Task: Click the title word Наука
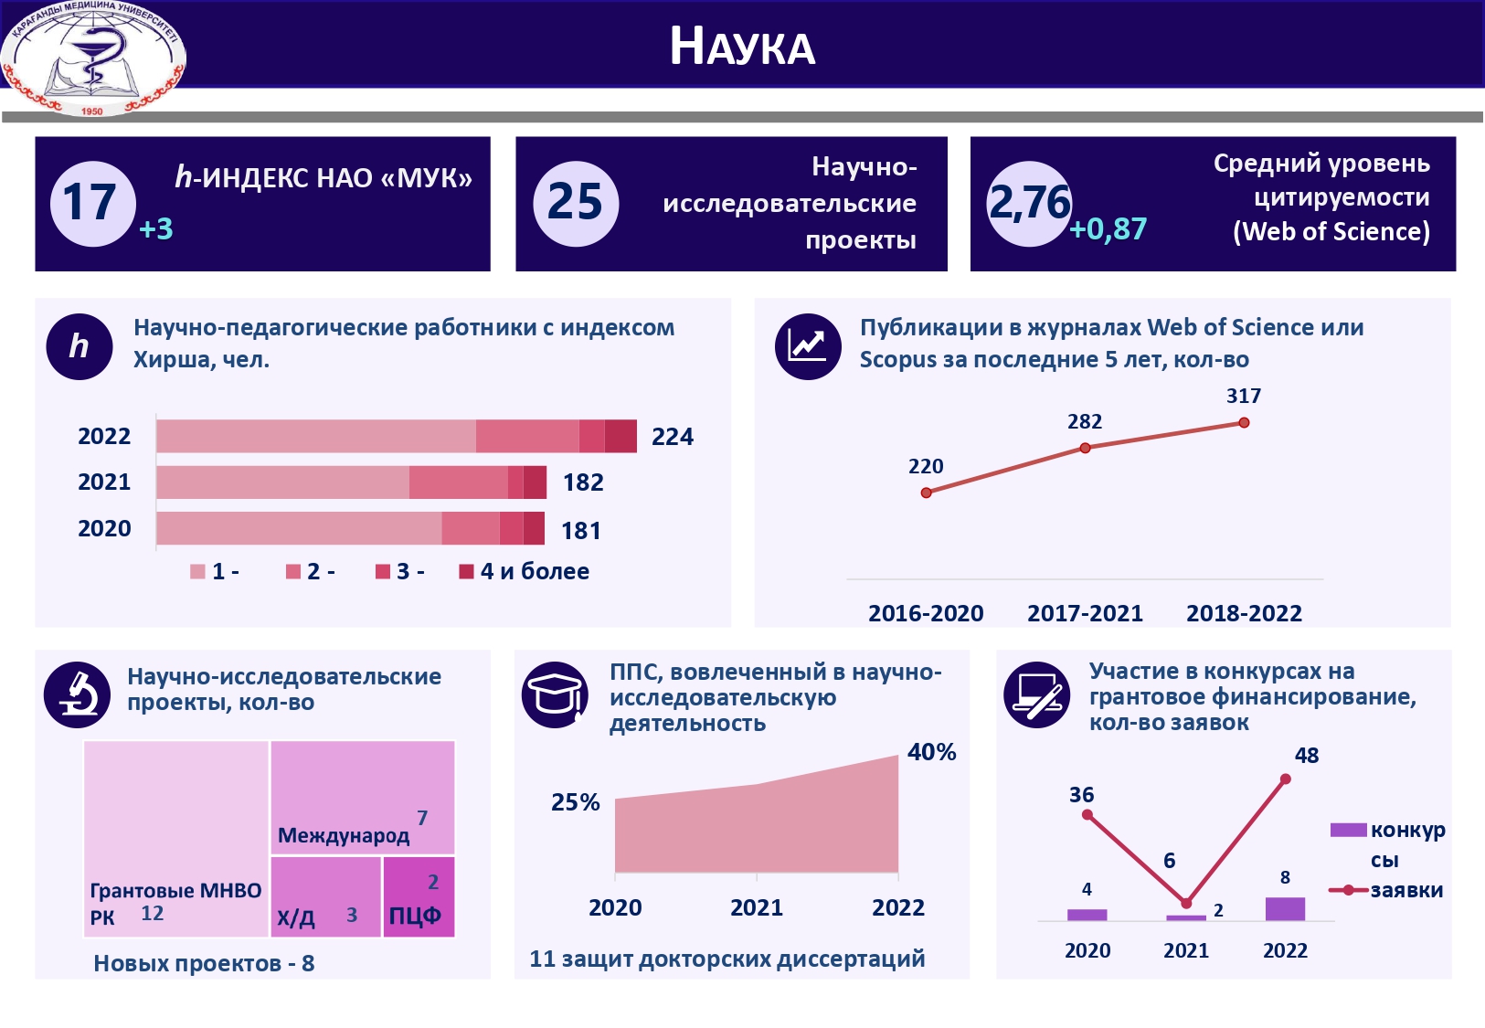click(742, 46)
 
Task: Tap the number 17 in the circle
click(90, 203)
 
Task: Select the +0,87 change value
click(1108, 228)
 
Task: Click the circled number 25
click(575, 203)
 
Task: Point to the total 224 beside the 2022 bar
click(672, 437)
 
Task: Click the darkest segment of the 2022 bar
click(621, 437)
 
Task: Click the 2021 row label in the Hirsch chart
click(104, 482)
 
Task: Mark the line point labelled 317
click(1244, 423)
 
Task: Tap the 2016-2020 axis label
click(926, 613)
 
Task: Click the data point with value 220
click(927, 493)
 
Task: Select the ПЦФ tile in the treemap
click(419, 897)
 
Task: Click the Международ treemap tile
click(362, 797)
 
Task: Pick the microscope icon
click(78, 694)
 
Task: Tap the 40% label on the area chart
click(931, 752)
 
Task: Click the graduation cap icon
click(555, 694)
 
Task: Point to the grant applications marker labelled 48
click(1286, 779)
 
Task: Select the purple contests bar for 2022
click(1285, 908)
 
